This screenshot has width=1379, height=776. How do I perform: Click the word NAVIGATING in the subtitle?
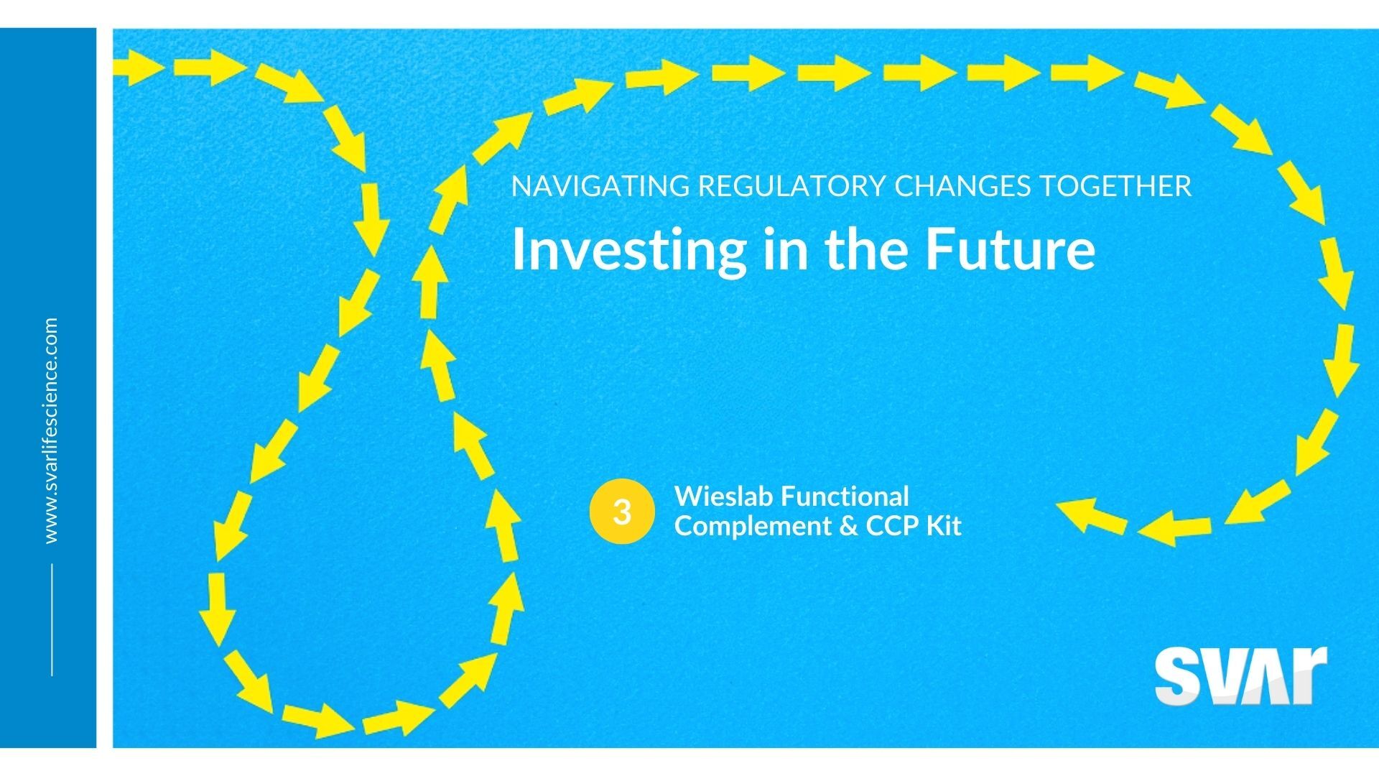(x=600, y=186)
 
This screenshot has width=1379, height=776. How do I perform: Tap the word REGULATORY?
(x=792, y=186)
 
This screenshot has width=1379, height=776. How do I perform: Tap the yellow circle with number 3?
(x=622, y=512)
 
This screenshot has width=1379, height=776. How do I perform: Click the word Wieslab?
(x=723, y=496)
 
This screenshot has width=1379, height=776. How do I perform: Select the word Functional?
(x=845, y=496)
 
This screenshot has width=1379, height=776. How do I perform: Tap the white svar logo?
(x=1240, y=675)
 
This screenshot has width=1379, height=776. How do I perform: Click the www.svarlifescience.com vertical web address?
(x=51, y=430)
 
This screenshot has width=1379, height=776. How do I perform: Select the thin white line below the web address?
(x=52, y=619)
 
